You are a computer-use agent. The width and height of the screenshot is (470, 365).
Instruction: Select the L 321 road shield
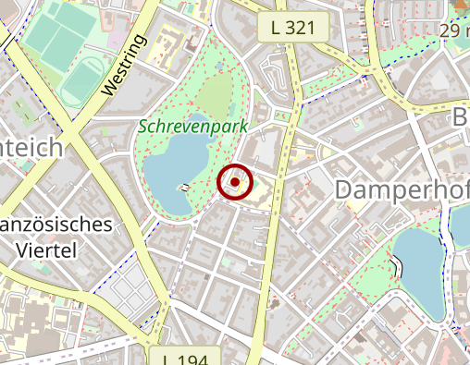click(x=294, y=29)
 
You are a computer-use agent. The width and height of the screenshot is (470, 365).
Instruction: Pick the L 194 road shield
click(x=184, y=357)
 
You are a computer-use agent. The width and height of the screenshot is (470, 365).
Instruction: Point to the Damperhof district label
click(x=402, y=189)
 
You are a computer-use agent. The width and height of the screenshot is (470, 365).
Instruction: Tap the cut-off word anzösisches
click(x=57, y=225)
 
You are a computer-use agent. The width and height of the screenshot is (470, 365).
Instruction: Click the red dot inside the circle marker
click(x=236, y=183)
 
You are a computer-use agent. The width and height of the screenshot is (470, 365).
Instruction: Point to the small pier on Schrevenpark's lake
click(x=185, y=188)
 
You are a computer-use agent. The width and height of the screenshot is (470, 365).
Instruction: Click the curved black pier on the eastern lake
click(x=399, y=267)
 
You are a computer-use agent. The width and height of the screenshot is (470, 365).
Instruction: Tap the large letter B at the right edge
click(x=460, y=118)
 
